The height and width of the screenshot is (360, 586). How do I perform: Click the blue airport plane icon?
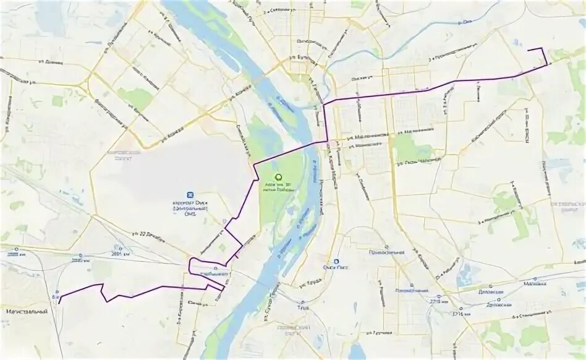click(191, 195)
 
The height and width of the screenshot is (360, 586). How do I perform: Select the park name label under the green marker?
click(278, 187)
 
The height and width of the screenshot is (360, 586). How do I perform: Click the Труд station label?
click(303, 307)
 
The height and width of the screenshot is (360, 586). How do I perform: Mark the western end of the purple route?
click(59, 302)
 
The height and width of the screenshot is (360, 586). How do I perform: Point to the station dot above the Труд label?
click(303, 300)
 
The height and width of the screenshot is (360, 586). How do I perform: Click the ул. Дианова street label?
click(51, 62)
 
